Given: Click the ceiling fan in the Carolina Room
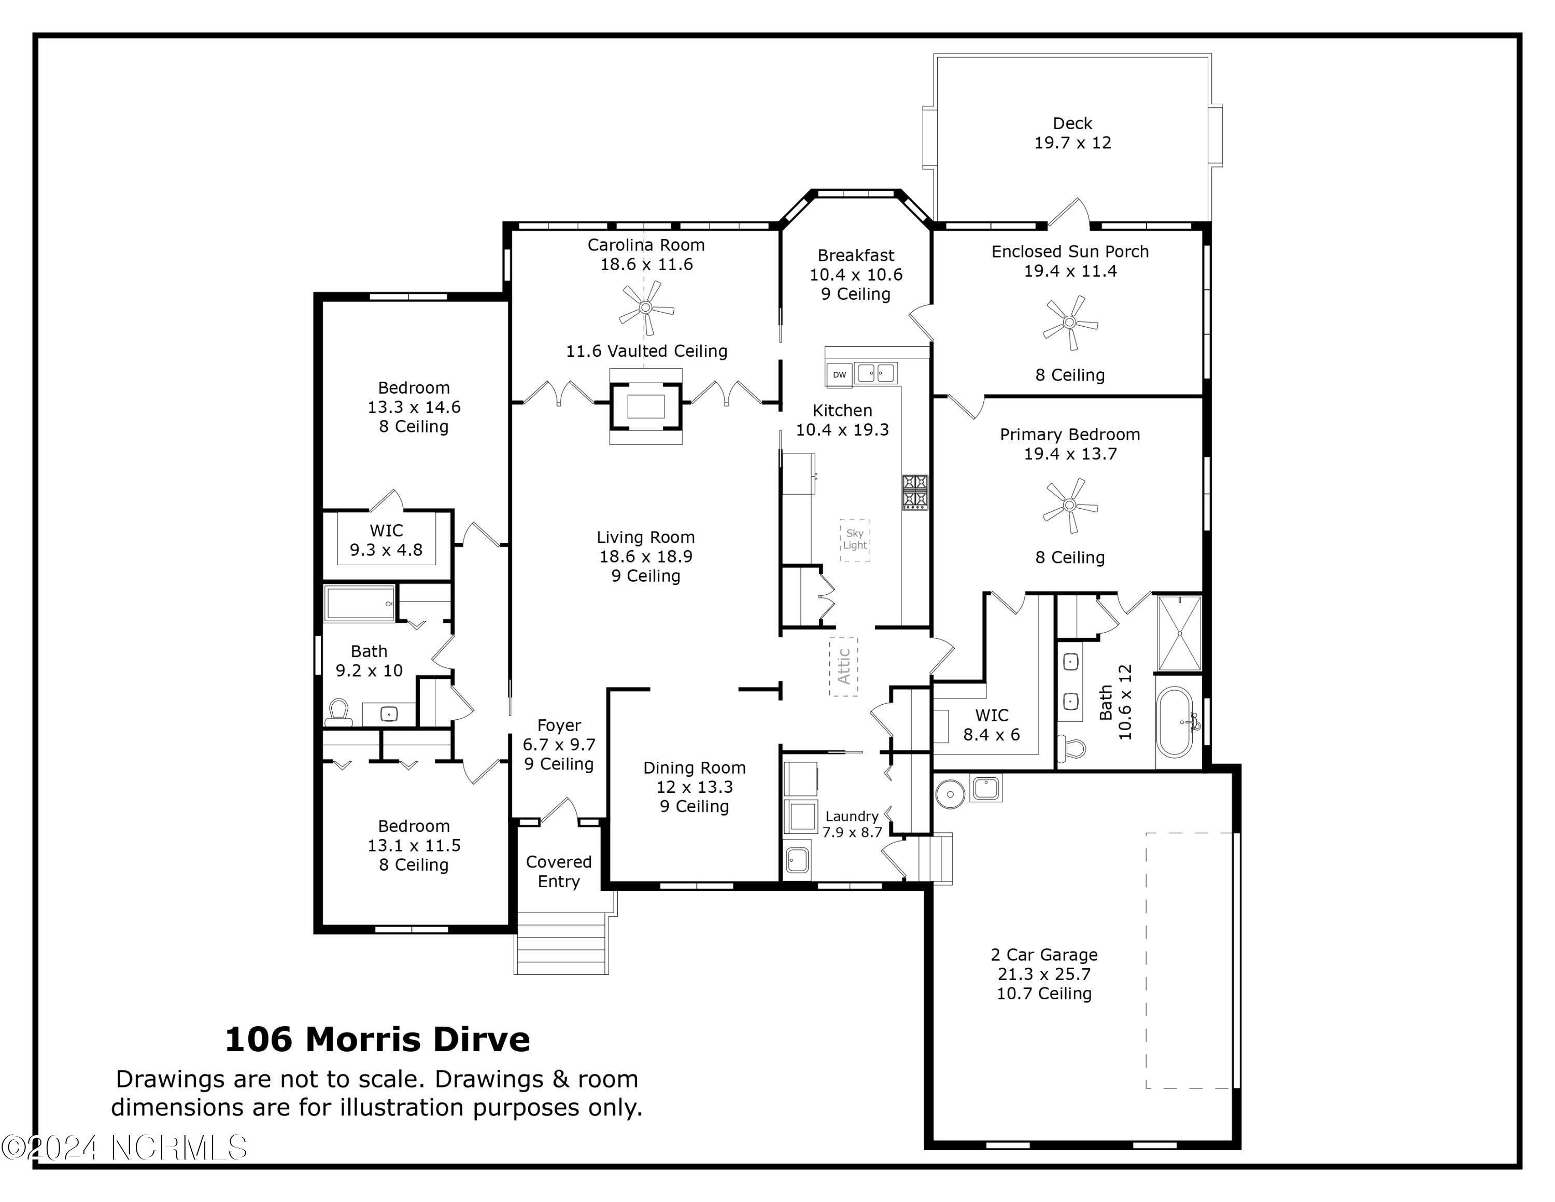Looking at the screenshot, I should click(x=645, y=308).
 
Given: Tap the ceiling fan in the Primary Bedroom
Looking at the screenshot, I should click(x=1069, y=506).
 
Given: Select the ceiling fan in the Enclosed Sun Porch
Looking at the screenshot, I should click(x=1069, y=323).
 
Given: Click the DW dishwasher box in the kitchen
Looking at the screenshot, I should click(x=840, y=374).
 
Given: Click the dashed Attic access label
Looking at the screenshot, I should click(x=844, y=666).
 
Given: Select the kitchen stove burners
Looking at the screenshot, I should click(x=915, y=493).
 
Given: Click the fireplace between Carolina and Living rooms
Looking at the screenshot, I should click(x=645, y=407).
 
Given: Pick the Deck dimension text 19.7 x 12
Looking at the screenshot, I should click(x=1072, y=143).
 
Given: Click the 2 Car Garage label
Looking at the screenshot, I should click(x=1044, y=955).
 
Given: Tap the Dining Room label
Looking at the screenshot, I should click(x=694, y=767).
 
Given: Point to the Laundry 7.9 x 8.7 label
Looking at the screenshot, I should click(x=852, y=824).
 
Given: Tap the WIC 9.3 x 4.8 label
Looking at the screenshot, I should click(x=386, y=540).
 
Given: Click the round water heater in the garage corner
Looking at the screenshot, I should click(x=949, y=793).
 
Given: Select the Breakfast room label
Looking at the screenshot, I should click(x=856, y=255).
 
